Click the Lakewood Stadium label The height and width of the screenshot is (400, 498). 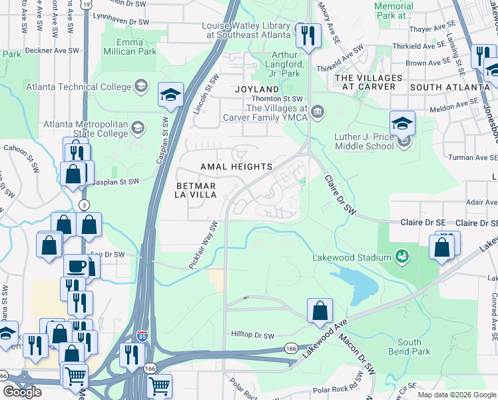[x=352, y=258]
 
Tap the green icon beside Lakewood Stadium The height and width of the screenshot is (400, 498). [x=401, y=255]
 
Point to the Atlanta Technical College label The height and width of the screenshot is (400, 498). [x=79, y=87]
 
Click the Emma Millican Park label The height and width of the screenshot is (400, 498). [x=129, y=45]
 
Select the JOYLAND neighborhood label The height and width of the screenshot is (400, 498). [x=256, y=89]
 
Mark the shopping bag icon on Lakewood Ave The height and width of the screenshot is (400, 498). [x=320, y=311]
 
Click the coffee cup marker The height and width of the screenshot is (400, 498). [x=76, y=266]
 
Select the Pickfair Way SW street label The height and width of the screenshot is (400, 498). [x=203, y=245]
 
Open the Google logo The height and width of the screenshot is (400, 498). [x=22, y=392]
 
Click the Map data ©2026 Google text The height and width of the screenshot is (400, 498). [x=456, y=395]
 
